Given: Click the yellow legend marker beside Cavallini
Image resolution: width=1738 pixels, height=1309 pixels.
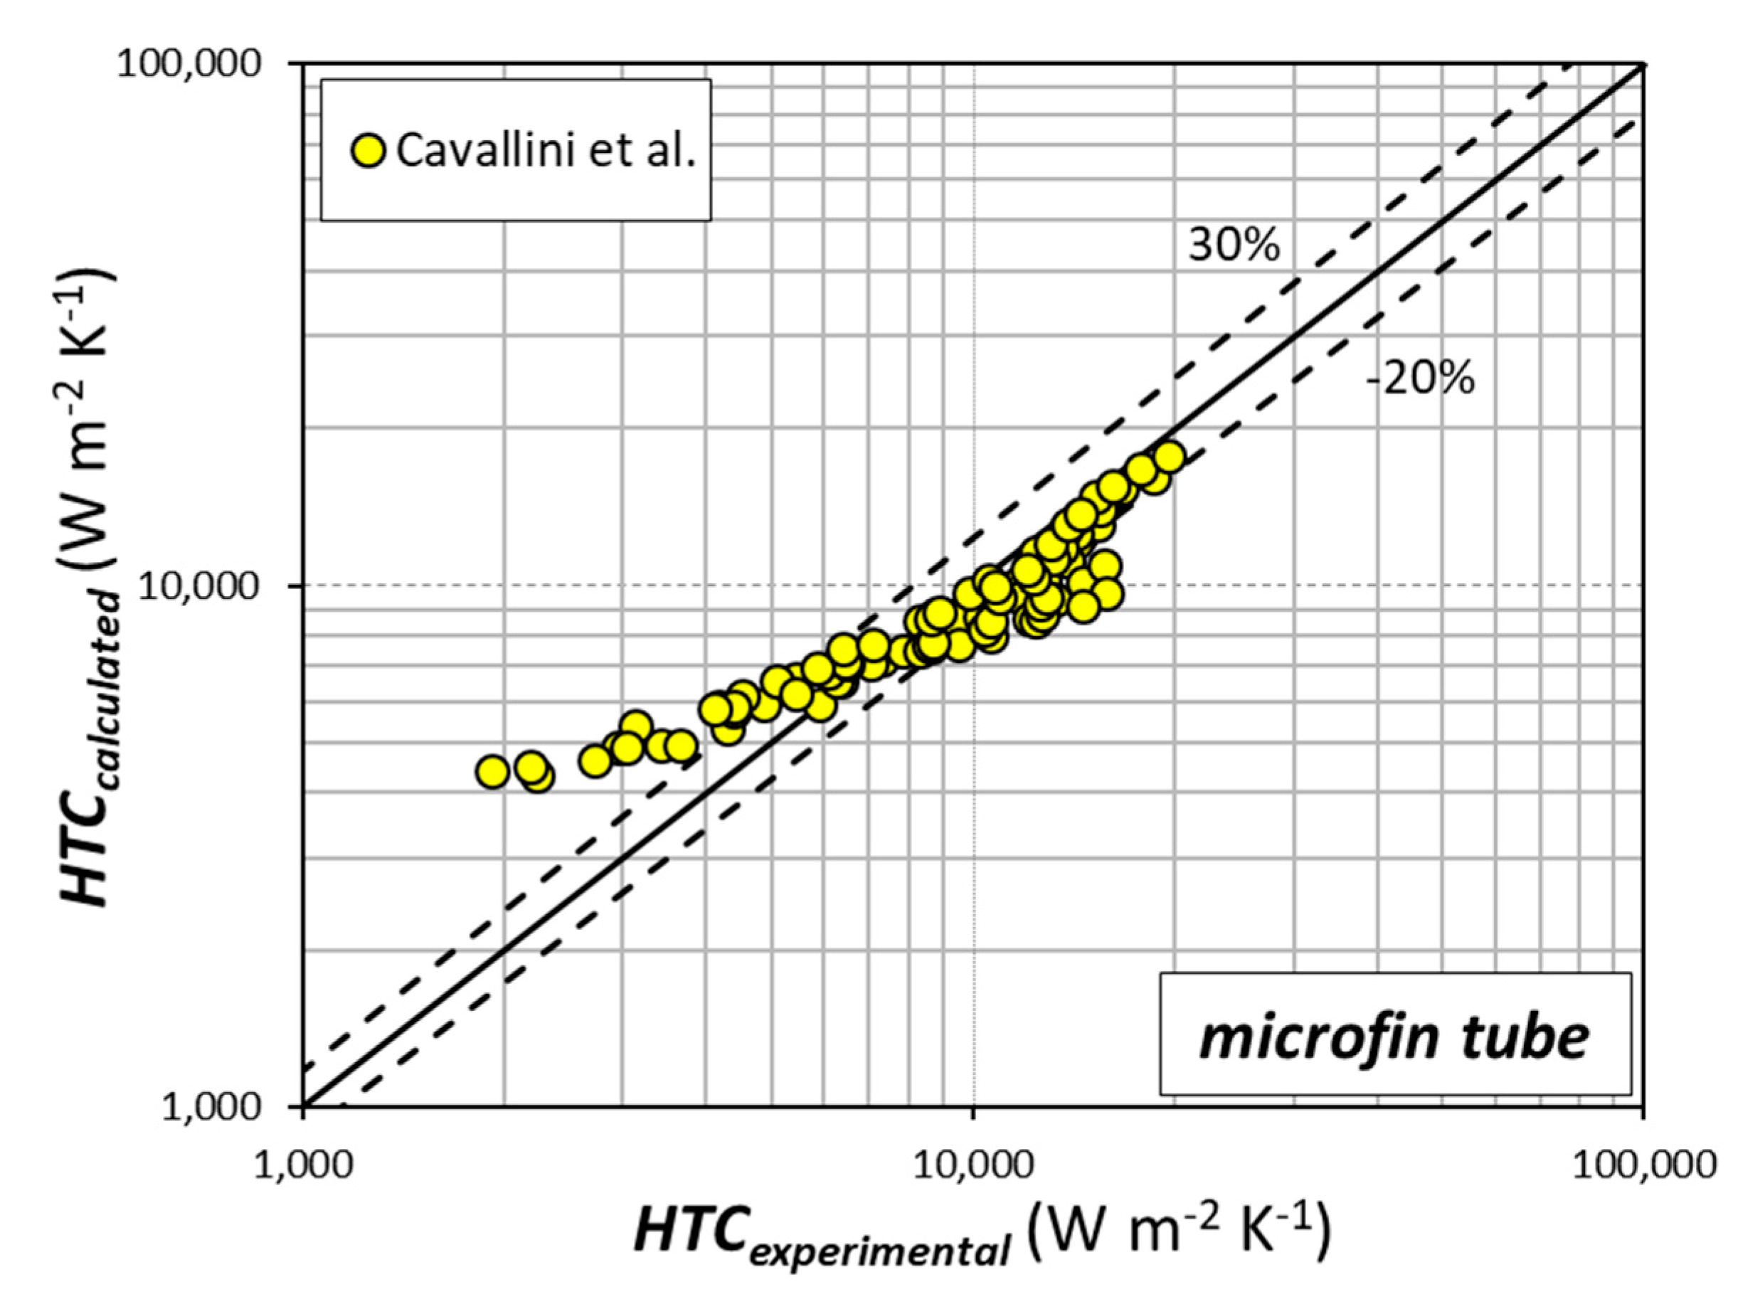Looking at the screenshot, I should point(367,150).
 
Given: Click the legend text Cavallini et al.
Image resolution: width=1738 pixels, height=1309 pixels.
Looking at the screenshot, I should point(545,150).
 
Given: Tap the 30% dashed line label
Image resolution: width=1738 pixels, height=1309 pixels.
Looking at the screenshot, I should point(1234,246).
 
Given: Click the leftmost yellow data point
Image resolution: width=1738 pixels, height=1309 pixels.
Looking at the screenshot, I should point(492,772).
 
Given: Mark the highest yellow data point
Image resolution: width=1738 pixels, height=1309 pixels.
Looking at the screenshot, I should point(1169,457).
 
